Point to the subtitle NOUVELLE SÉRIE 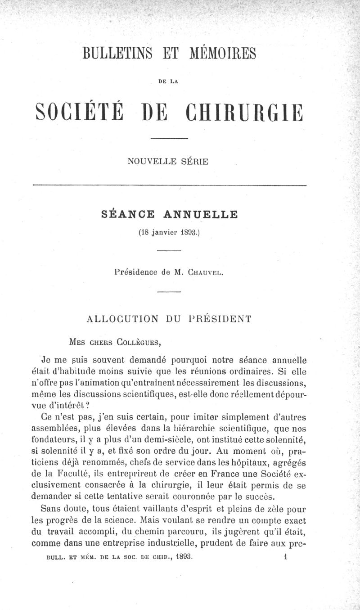(168, 161)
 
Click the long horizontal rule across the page (170, 185)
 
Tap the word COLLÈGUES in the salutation (138, 342)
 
